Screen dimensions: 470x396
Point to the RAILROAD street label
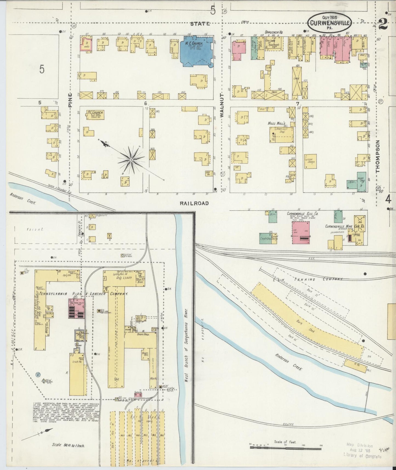[194, 203]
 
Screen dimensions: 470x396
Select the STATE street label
[200, 24]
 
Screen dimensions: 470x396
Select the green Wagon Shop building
[362, 182]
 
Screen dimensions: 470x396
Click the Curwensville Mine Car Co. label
[344, 226]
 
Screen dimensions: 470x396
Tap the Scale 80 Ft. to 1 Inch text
[68, 445]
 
